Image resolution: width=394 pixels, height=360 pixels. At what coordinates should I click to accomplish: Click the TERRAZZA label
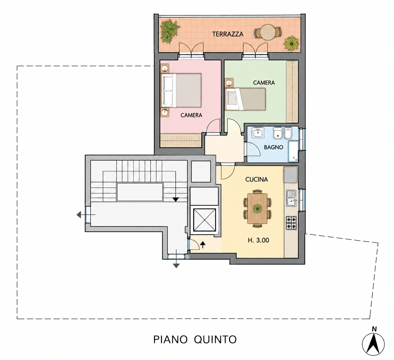click(x=228, y=34)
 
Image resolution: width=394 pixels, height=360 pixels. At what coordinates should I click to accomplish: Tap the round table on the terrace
click(x=268, y=32)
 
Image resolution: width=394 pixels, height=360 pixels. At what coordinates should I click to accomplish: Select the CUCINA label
click(x=256, y=179)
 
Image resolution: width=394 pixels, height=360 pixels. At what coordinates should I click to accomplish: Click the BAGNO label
click(x=273, y=147)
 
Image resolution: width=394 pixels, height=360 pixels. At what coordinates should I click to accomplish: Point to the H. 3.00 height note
click(x=258, y=240)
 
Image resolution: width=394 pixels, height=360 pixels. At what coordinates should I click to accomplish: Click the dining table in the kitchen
click(x=257, y=209)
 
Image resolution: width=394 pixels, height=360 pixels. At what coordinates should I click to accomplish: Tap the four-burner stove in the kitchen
click(x=291, y=223)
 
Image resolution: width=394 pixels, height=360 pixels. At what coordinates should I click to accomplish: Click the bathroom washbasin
click(x=258, y=133)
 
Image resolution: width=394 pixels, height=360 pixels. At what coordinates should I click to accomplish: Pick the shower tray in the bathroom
click(x=293, y=151)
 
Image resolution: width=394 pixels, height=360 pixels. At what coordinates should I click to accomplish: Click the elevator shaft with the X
click(x=205, y=220)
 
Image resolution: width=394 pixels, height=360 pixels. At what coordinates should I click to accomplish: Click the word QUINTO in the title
click(x=215, y=339)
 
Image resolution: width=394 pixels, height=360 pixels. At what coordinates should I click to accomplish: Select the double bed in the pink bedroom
click(x=181, y=90)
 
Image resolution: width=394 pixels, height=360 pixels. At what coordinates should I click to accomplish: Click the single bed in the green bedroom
click(x=245, y=99)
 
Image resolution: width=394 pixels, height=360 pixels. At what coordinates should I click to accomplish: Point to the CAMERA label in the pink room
click(x=191, y=115)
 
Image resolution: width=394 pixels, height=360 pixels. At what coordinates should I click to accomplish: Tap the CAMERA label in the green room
click(x=264, y=83)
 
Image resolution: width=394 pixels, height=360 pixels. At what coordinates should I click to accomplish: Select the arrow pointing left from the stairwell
click(x=86, y=214)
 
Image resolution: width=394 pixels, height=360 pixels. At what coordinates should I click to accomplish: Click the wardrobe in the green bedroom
click(x=292, y=92)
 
